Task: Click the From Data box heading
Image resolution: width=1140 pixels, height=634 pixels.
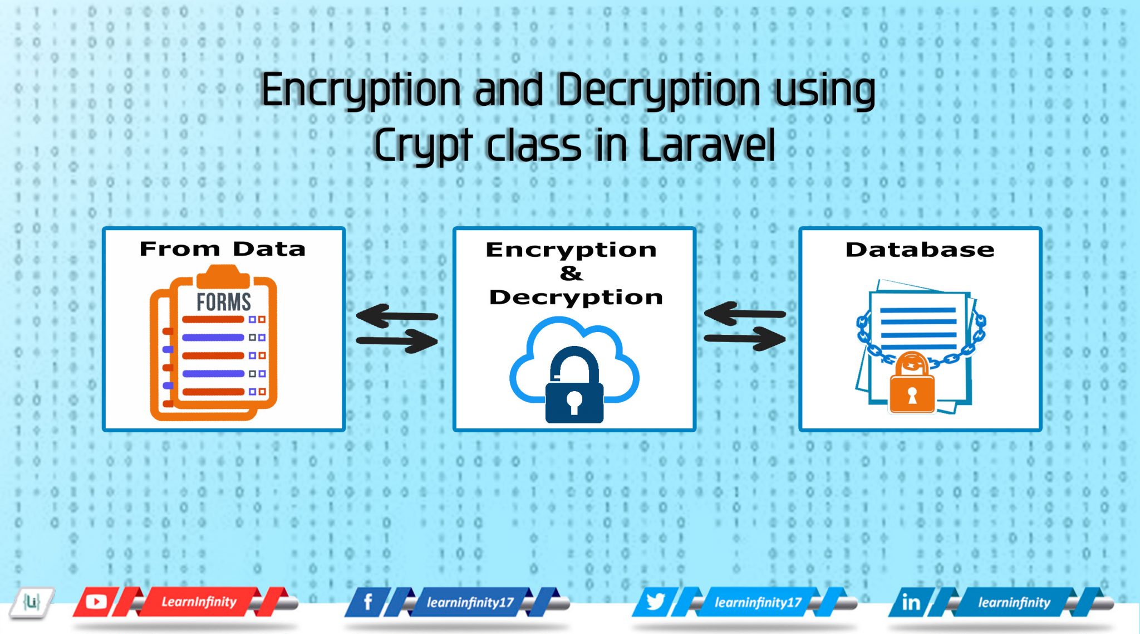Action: pyautogui.click(x=223, y=248)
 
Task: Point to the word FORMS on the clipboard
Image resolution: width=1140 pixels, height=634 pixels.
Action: pyautogui.click(x=224, y=302)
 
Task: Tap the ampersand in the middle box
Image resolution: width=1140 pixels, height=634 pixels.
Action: pyautogui.click(x=571, y=273)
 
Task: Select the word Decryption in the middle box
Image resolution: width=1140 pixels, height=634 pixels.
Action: pyautogui.click(x=576, y=297)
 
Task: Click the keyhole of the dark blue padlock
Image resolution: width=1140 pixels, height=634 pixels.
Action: pyautogui.click(x=574, y=402)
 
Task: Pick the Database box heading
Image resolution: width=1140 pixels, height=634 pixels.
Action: pyautogui.click(x=920, y=249)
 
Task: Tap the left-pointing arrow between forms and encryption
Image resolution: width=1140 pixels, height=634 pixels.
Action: pyautogui.click(x=396, y=316)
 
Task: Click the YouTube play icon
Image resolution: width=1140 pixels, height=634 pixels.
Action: pyautogui.click(x=96, y=602)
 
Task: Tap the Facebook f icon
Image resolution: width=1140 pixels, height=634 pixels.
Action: pyautogui.click(x=367, y=602)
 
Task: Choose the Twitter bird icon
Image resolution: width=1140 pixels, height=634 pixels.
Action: pyautogui.click(x=656, y=602)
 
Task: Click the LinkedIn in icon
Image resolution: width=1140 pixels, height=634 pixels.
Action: pyautogui.click(x=911, y=602)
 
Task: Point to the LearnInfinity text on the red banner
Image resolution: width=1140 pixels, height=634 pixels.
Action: pyautogui.click(x=199, y=602)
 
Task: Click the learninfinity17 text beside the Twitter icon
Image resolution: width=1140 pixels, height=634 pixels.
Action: pyautogui.click(x=758, y=602)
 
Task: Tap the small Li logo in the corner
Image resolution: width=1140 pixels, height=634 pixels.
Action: pyautogui.click(x=32, y=602)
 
